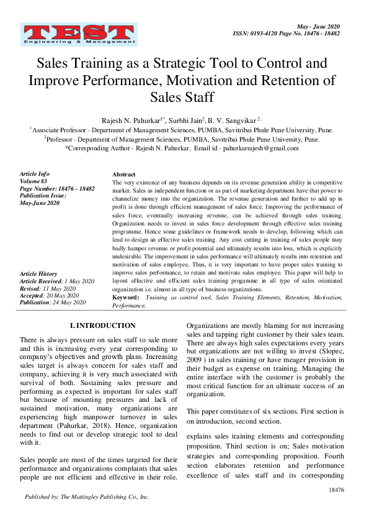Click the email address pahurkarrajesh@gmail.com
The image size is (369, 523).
(x=256, y=148)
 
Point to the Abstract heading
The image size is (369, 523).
(x=123, y=175)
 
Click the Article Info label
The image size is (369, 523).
(x=35, y=174)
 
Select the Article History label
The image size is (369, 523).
(x=38, y=274)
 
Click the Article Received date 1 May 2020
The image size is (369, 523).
(x=74, y=281)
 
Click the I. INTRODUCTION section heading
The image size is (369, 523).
(x=102, y=325)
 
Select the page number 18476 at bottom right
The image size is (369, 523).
(x=337, y=490)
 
